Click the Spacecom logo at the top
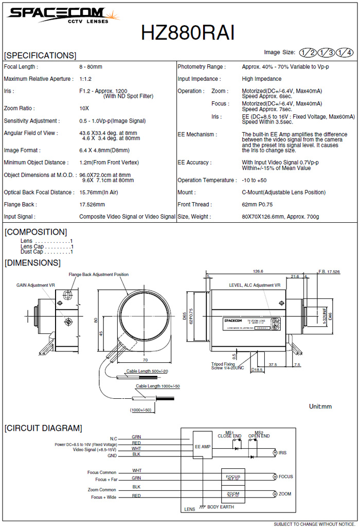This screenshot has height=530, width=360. click(x=57, y=15)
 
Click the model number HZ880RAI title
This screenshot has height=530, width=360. click(x=188, y=33)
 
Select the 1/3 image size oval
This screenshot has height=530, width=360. click(x=327, y=52)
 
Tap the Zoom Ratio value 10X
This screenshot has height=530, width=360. click(x=84, y=109)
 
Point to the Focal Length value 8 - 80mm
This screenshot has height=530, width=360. click(x=91, y=67)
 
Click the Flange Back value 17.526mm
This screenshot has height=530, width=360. click(x=92, y=204)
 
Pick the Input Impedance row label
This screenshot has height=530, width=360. click(x=199, y=79)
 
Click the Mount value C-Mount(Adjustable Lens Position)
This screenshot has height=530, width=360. click(x=283, y=192)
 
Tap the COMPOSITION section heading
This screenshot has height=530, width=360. click(x=36, y=232)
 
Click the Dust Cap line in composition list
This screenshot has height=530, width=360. click(x=46, y=252)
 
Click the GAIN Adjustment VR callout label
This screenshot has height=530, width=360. click(x=35, y=285)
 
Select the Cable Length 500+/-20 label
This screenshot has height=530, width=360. click(x=148, y=370)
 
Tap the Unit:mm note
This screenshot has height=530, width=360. click(x=320, y=407)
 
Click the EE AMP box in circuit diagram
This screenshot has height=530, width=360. click(x=202, y=447)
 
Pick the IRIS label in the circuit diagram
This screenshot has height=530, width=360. click(x=282, y=453)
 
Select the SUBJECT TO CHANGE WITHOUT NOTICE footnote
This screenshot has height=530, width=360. click(x=314, y=524)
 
